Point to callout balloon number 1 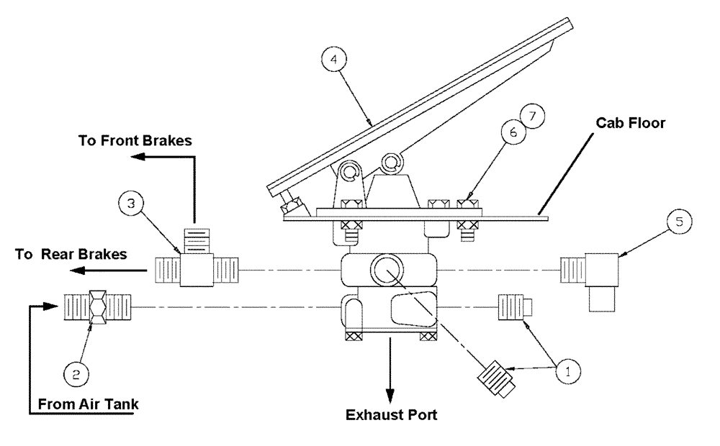click(567, 371)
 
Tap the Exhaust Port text click(391, 415)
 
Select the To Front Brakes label click(135, 140)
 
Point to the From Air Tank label click(84, 404)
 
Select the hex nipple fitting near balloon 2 click(97, 306)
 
